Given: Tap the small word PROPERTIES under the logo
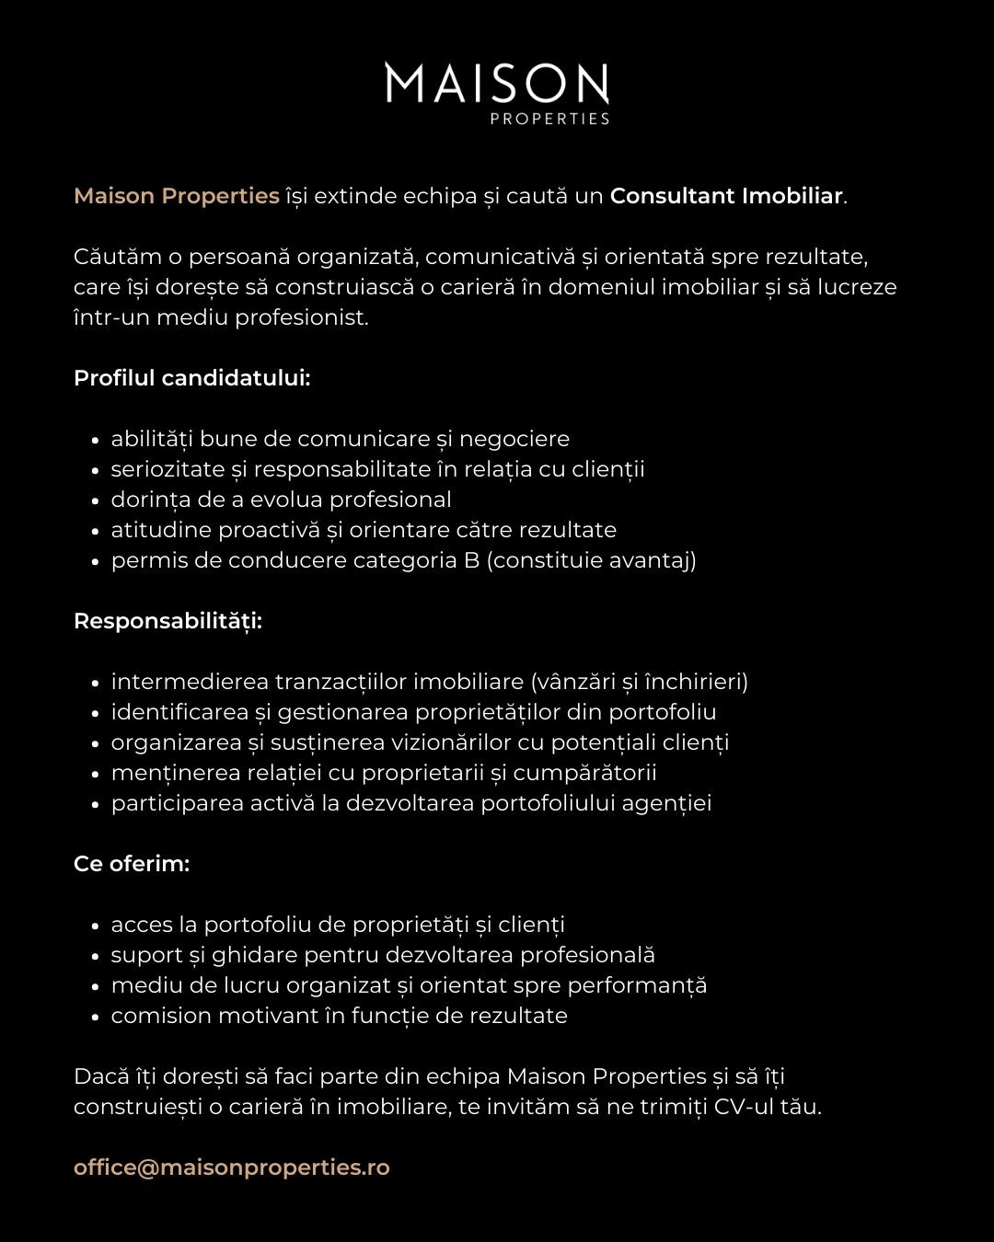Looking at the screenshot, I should [x=549, y=119].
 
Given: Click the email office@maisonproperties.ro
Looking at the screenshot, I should [x=231, y=1167].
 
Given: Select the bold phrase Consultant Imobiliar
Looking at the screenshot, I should [x=726, y=196].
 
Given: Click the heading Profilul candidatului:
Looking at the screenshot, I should [x=191, y=378].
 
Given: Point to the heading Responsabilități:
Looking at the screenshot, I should [x=168, y=621].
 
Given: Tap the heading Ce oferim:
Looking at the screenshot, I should [x=132, y=864].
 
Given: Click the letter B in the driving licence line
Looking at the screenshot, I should [x=472, y=560].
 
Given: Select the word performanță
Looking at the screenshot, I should [x=637, y=985].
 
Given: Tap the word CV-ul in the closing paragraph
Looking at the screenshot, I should [x=743, y=1107].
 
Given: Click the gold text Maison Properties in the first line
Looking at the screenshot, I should [x=176, y=196].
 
